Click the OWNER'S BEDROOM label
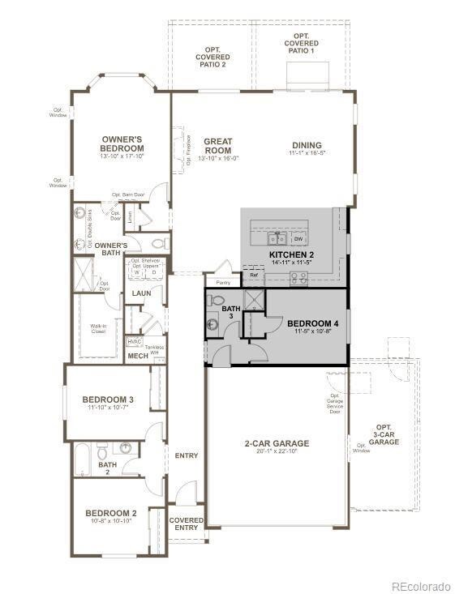pos(122,143)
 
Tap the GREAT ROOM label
pos(217,146)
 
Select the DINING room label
pos(307,146)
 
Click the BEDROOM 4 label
pos(312,324)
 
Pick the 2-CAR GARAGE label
pos(277,443)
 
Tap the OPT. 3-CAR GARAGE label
pos(384,434)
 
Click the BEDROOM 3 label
pos(108,400)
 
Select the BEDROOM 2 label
pos(111,514)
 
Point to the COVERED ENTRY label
pos(187,523)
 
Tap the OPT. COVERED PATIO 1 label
pos(301,43)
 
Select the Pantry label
pos(222,283)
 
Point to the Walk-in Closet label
pos(98,329)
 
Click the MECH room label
pos(138,356)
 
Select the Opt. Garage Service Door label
pos(334,392)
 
